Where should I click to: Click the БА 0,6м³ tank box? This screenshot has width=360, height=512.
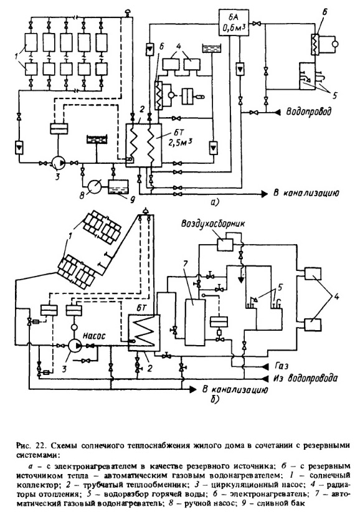tap(232, 22)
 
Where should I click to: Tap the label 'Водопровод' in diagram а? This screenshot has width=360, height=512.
tap(308, 111)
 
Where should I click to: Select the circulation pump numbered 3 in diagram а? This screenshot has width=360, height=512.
tap(58, 163)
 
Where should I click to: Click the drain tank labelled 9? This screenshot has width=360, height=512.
tap(118, 187)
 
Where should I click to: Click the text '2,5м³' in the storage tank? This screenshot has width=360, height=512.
tap(180, 143)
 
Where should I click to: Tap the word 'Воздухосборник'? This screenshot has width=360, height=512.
tap(213, 224)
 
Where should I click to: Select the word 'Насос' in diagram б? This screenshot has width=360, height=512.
tap(93, 335)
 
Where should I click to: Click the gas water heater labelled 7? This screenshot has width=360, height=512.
tap(194, 321)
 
